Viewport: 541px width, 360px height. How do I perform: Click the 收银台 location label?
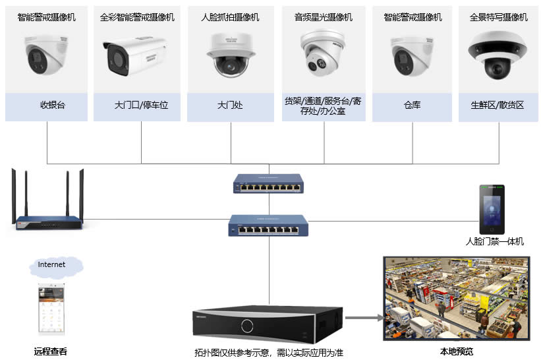(52, 104)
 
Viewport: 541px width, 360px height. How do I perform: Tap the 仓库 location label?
(412, 104)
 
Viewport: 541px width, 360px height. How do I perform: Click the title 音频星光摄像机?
(324, 17)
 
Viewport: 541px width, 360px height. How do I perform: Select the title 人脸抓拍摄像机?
(230, 17)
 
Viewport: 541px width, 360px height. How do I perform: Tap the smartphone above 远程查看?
(51, 310)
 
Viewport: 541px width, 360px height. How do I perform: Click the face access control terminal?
(492, 209)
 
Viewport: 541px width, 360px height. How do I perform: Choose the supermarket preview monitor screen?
(457, 297)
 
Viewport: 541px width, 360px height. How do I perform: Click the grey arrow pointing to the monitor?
(364, 318)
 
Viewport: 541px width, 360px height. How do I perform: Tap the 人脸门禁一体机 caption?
(494, 242)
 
